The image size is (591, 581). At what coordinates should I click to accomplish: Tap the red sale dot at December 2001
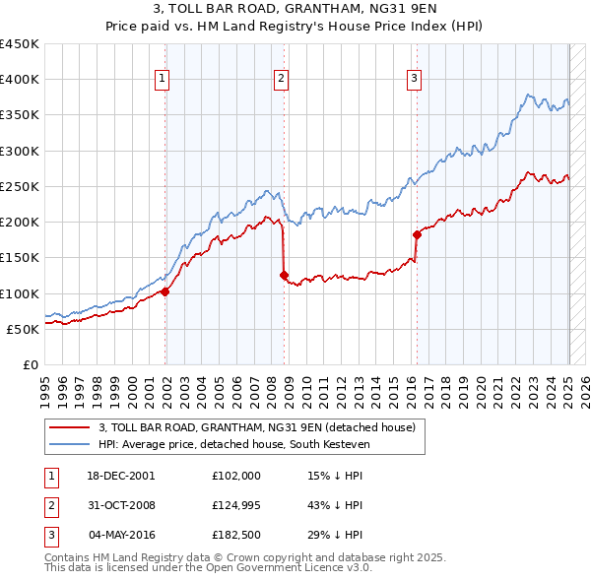point(165,291)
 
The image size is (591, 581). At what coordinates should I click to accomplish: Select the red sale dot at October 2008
point(285,276)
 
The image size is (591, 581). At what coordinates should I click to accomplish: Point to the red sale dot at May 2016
point(416,234)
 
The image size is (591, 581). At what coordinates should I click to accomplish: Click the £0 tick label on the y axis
point(30,364)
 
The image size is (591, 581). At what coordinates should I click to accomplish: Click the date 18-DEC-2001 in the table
point(121,475)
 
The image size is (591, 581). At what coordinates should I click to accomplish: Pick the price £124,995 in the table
point(236,505)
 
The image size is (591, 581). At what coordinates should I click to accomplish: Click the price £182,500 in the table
point(236,536)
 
